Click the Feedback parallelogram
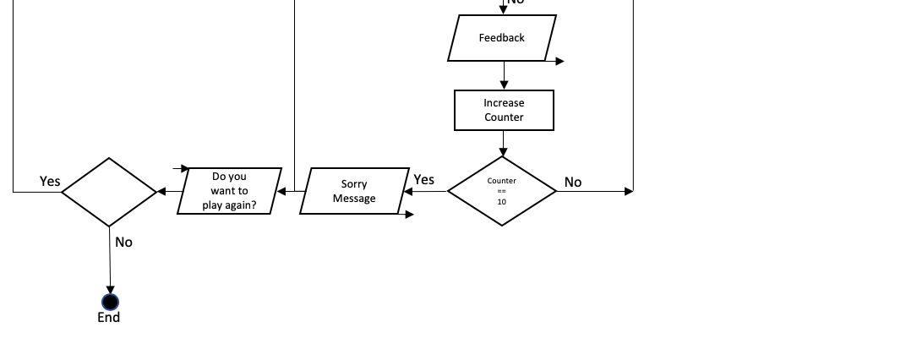pyautogui.click(x=502, y=38)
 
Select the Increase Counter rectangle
pyautogui.click(x=504, y=111)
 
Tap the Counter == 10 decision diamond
pyautogui.click(x=502, y=191)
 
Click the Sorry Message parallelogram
pyautogui.click(x=354, y=191)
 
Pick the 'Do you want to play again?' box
pyautogui.click(x=229, y=191)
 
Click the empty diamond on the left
pyautogui.click(x=109, y=192)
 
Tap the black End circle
pyautogui.click(x=110, y=302)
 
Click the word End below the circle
pyautogui.click(x=109, y=318)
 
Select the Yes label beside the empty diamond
pyautogui.click(x=50, y=181)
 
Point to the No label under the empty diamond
pyautogui.click(x=123, y=243)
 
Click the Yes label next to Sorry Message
pyautogui.click(x=423, y=179)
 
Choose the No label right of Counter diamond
pyautogui.click(x=573, y=182)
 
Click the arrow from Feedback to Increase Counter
pyautogui.click(x=504, y=76)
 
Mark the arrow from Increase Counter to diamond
pyautogui.click(x=504, y=144)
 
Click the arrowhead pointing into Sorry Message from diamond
pyautogui.click(x=407, y=191)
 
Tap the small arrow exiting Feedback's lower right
pyautogui.click(x=559, y=61)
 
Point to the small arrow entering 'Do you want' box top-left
pyautogui.click(x=183, y=169)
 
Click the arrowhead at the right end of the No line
pyautogui.click(x=628, y=192)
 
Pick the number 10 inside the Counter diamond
pyautogui.click(x=502, y=202)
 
